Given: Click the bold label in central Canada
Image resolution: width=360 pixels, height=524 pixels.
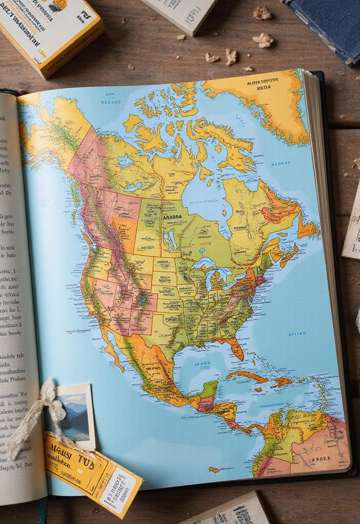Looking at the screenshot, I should click(173, 216).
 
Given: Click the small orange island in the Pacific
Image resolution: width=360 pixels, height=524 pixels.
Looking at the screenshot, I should click(214, 469).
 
